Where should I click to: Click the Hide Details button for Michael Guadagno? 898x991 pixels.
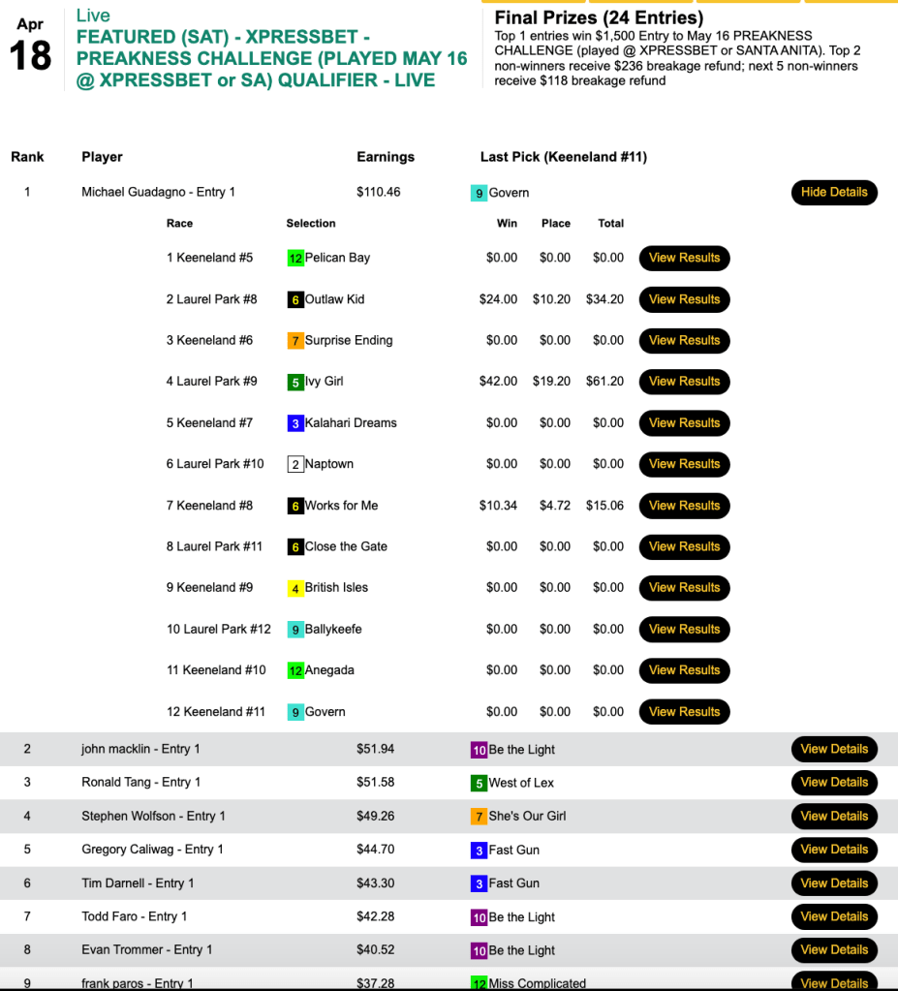834,192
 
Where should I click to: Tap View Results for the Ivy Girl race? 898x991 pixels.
684,382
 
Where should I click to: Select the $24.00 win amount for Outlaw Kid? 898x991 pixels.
498,299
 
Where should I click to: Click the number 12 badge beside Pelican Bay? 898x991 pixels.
295,259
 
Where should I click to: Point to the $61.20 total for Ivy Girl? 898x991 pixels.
604,382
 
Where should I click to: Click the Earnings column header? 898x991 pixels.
386,157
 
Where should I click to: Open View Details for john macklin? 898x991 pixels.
834,749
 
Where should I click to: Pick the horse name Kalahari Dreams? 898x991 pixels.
351,423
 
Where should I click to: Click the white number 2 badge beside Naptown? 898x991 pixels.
295,465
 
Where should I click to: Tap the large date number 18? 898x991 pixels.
30,55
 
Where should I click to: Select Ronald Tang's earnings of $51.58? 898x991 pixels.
376,783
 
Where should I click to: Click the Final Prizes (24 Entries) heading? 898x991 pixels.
599,17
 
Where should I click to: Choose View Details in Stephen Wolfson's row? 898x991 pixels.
834,816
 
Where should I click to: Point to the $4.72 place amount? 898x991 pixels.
555,506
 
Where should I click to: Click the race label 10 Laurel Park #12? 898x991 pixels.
219,630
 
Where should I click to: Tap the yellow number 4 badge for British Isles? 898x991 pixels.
295,588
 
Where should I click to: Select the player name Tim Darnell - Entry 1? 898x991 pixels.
138,883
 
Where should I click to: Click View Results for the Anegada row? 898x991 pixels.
684,670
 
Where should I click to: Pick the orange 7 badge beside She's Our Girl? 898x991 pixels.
479,817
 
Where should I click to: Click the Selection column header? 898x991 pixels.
311,224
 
